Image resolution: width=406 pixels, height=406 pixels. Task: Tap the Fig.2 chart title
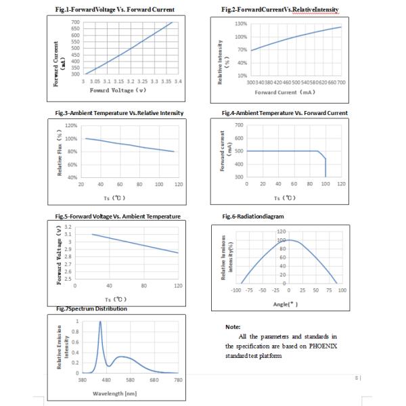[279, 9]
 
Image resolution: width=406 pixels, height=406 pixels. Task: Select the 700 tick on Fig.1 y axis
[75, 22]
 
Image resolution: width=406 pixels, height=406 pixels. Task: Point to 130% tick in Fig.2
[240, 24]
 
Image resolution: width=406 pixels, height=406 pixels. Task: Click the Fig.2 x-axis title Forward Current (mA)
[290, 91]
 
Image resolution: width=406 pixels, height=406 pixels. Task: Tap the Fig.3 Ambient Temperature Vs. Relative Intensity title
[119, 113]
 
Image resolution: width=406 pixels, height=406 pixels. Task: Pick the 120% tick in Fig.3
[70, 126]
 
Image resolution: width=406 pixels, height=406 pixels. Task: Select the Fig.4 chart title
[284, 113]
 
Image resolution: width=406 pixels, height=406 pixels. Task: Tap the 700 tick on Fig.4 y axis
[238, 125]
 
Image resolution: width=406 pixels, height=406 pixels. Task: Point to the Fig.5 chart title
[118, 216]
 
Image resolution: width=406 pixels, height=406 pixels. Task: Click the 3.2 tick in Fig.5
[68, 227]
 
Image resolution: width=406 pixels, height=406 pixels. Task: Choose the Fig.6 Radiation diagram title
[252, 216]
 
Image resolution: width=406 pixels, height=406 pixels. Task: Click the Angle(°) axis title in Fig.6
[286, 303]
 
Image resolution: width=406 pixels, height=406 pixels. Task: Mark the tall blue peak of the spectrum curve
[100, 323]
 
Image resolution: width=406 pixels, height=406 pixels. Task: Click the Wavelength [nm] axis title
[116, 392]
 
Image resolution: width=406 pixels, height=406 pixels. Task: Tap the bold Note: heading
[233, 327]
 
